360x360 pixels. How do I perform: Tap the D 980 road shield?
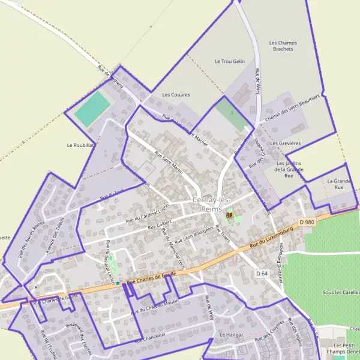click(x=306, y=222)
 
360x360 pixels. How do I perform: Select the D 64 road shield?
click(x=261, y=273)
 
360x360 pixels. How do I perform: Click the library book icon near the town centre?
click(x=229, y=214)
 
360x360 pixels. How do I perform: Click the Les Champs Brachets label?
click(x=283, y=46)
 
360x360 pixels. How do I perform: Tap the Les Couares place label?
click(x=176, y=95)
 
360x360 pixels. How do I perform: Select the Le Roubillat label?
click(x=80, y=145)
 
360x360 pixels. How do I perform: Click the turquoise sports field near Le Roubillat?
click(x=92, y=109)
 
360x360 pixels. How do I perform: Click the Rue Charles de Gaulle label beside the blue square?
click(x=154, y=278)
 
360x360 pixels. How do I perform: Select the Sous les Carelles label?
click(x=340, y=292)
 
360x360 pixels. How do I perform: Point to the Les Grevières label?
click(x=285, y=143)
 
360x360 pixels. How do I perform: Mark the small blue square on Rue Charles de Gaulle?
click(x=118, y=283)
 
